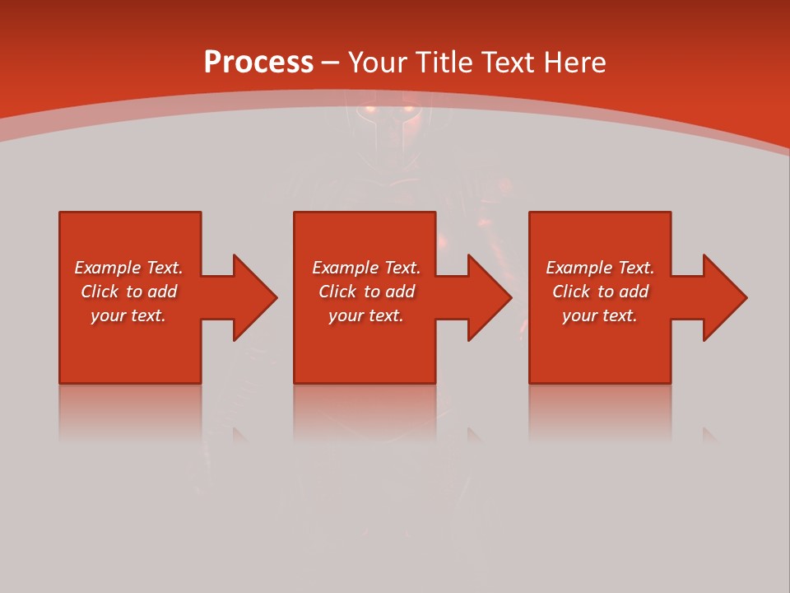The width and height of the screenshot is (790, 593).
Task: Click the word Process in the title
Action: point(258,62)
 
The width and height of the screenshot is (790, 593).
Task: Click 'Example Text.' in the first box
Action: point(128,268)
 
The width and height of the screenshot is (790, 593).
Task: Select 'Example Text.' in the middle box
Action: point(366,268)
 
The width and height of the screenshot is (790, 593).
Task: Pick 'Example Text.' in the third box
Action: point(600,268)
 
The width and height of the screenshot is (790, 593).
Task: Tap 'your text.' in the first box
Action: point(128,315)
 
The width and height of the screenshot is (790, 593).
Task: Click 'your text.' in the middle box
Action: point(366,315)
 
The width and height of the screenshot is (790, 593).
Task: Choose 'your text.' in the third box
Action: point(600,315)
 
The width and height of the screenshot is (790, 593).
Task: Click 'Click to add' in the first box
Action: point(128,292)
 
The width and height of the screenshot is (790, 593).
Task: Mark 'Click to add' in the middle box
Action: point(366,292)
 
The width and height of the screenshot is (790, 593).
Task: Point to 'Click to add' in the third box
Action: point(600,292)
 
